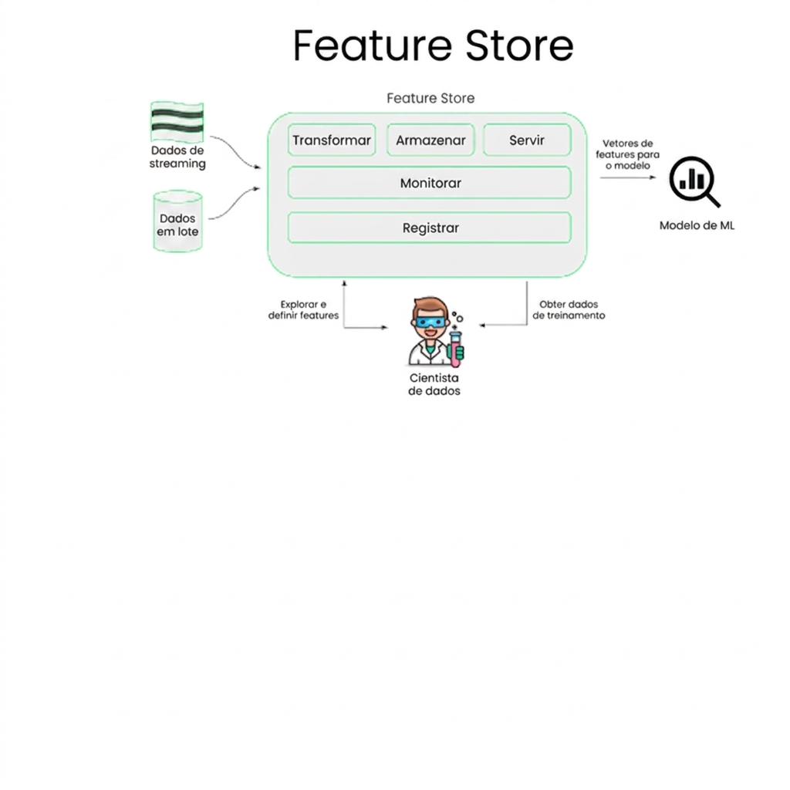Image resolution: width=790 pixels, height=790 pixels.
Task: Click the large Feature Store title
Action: [433, 46]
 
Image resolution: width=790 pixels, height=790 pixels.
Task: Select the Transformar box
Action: [332, 140]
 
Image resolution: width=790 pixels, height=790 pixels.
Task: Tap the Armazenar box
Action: [430, 140]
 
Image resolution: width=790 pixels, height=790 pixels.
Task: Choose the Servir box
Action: [527, 140]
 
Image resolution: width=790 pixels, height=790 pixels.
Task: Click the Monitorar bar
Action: [430, 184]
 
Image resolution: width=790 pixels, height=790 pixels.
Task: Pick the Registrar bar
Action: [430, 228]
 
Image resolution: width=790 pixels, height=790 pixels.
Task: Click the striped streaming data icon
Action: [177, 122]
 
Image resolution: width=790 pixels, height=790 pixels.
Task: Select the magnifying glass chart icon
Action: [693, 181]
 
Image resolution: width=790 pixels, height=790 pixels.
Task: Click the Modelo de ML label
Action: [697, 226]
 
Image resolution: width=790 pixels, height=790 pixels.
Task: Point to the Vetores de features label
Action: [627, 154]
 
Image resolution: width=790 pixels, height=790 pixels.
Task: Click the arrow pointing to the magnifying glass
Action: [629, 177]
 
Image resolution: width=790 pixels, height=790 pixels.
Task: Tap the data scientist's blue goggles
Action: [430, 322]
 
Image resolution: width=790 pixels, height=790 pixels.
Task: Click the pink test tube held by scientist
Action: [457, 347]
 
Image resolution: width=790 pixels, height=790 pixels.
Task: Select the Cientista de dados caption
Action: [434, 384]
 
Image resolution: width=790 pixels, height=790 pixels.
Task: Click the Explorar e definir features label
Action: [303, 309]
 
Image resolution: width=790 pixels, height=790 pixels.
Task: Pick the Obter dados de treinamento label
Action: [569, 309]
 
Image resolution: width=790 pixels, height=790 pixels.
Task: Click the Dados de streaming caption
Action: [177, 157]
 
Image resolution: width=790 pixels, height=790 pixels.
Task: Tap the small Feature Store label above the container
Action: [430, 99]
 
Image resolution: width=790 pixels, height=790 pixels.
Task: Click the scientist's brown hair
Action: [430, 306]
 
